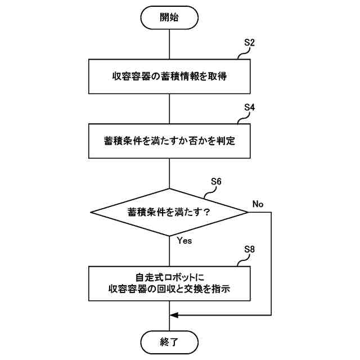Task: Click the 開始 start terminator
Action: [169, 17]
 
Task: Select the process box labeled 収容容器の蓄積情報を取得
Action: [169, 76]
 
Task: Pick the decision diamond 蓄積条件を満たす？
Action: [169, 212]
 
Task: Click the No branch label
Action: [258, 204]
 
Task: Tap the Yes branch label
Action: [184, 240]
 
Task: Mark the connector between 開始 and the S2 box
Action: [169, 43]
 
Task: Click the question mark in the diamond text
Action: [206, 212]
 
